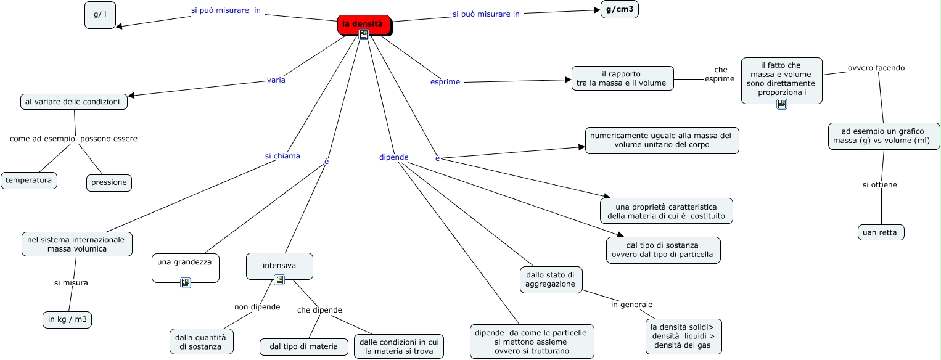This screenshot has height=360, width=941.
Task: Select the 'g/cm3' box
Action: [x=619, y=9]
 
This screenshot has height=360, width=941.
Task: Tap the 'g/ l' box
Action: [x=100, y=15]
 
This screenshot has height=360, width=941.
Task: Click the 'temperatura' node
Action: [x=29, y=180]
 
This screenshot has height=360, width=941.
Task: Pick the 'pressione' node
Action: [x=109, y=182]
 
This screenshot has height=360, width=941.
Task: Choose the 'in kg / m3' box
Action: [x=67, y=319]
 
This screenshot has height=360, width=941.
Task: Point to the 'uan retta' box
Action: [x=881, y=232]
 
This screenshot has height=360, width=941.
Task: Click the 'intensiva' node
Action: [x=279, y=266]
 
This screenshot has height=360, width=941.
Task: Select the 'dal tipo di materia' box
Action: [x=303, y=346]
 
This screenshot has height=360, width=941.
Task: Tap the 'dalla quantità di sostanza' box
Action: [x=202, y=342]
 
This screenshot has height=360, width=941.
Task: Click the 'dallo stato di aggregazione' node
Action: [x=551, y=279]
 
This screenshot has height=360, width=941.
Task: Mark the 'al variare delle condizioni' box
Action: [x=74, y=102]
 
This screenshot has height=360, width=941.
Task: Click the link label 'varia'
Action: [x=276, y=80]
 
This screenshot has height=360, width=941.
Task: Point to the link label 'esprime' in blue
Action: [x=445, y=81]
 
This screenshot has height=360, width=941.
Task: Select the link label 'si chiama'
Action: [x=282, y=156]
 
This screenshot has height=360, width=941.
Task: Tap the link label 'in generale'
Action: [x=631, y=305]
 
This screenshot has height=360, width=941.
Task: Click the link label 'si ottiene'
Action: [x=879, y=184]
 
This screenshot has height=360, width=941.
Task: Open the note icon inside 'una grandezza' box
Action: [x=186, y=283]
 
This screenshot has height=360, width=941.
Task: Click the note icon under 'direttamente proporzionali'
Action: [x=782, y=104]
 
